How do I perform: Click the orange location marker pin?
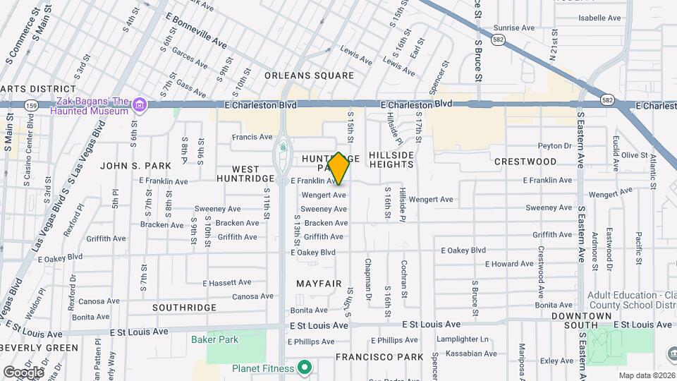[x=339, y=168]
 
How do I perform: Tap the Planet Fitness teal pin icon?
[x=305, y=368]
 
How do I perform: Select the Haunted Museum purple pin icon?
[x=140, y=106]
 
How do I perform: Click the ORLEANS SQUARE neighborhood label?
[x=309, y=75]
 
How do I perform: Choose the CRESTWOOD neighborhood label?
[x=525, y=162]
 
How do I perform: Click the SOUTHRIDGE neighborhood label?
[x=185, y=308]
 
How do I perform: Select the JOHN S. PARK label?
[x=136, y=166]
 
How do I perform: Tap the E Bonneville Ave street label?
[x=196, y=32]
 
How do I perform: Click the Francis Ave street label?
[x=252, y=137]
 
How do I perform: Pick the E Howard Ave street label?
[x=510, y=264]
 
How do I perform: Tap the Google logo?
[x=23, y=372]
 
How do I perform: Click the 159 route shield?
[x=30, y=105]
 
